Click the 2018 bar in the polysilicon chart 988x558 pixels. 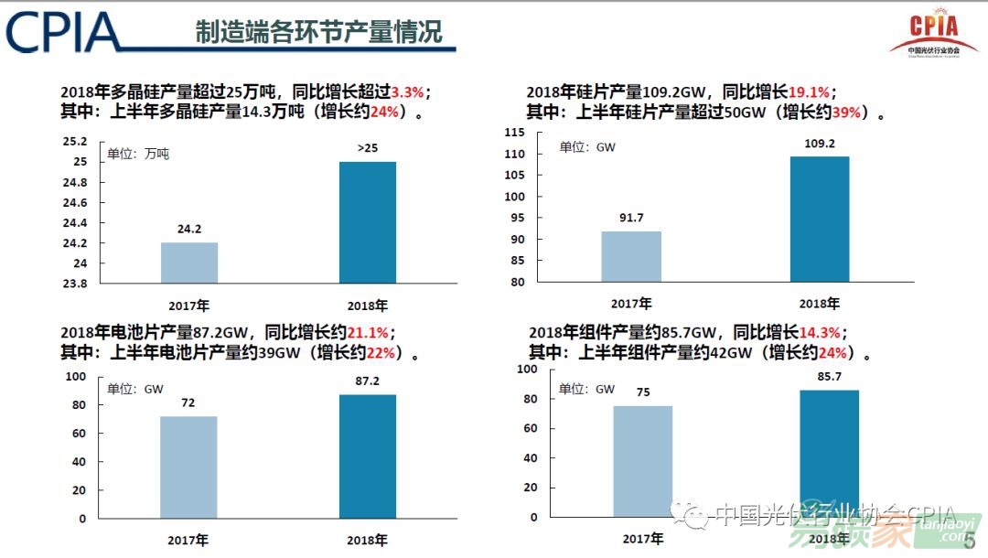tap(367, 222)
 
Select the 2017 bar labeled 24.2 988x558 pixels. tap(189, 263)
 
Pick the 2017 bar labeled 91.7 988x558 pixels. tap(631, 256)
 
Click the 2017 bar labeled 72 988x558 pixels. tap(188, 467)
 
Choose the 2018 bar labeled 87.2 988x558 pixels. tap(368, 456)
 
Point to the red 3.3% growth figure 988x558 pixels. tap(407, 92)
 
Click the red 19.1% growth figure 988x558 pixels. tap(809, 92)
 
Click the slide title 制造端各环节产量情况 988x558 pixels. tap(318, 32)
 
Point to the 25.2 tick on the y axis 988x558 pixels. tap(76, 142)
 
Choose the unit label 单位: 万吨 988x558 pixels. tap(138, 154)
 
